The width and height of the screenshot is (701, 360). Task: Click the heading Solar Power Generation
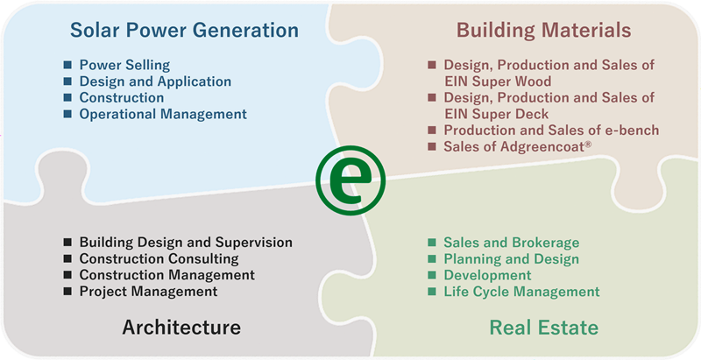(184, 30)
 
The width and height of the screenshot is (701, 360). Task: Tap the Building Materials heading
(543, 30)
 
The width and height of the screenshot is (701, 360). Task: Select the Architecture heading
(181, 328)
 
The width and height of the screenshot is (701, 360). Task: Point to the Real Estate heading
(543, 328)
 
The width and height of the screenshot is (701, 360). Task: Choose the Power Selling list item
(124, 65)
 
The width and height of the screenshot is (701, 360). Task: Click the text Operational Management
(163, 114)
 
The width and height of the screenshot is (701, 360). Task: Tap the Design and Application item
(155, 81)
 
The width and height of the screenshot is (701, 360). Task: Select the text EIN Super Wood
(497, 81)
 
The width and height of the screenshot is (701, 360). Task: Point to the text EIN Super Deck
(496, 114)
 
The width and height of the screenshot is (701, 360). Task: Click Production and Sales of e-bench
(551, 130)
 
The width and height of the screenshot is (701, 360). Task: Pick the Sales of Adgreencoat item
(517, 146)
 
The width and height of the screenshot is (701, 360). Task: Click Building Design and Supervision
(186, 243)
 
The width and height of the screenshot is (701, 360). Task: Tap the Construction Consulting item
(159, 258)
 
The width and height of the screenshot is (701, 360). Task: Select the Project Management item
(148, 292)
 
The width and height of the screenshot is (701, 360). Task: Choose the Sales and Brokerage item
(512, 243)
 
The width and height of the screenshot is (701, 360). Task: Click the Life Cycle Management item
(521, 292)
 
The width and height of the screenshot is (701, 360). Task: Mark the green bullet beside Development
(431, 275)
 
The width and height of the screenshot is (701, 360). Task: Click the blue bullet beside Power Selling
(67, 65)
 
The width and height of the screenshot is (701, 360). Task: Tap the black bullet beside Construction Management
(67, 275)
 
